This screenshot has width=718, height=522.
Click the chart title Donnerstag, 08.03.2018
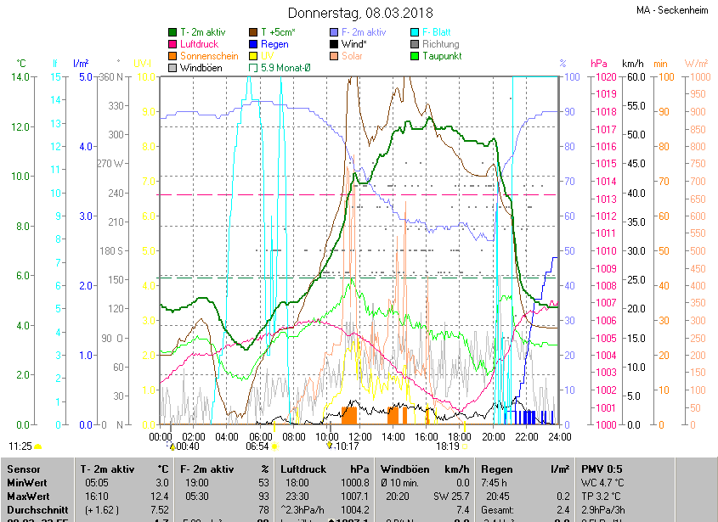click(x=360, y=13)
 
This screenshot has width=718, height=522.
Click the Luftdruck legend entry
click(x=200, y=44)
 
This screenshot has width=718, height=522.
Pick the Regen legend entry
click(x=274, y=44)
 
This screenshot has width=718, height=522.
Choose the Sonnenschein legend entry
click(x=209, y=56)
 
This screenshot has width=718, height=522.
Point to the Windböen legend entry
click(x=201, y=68)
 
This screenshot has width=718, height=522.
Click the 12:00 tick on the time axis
click(x=359, y=436)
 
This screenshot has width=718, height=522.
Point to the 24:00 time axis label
click(x=558, y=436)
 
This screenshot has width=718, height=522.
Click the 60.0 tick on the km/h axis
click(x=633, y=77)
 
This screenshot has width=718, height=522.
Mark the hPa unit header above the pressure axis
click(x=598, y=64)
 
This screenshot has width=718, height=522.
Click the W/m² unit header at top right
click(x=696, y=64)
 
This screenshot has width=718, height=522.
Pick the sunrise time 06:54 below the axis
click(x=257, y=446)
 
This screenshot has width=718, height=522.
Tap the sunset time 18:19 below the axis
click(x=448, y=446)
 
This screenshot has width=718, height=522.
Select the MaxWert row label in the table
click(x=28, y=496)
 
